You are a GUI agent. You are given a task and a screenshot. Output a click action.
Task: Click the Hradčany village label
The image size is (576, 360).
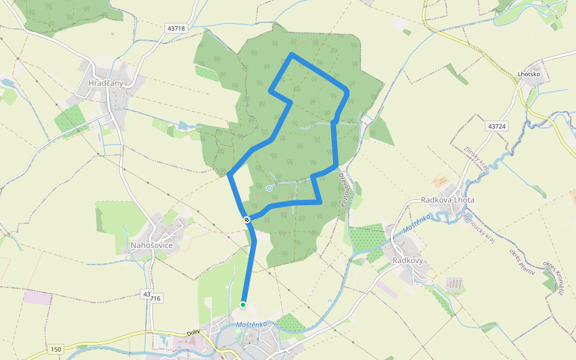(105, 83)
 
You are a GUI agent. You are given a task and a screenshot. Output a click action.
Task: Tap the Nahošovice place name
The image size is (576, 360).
(152, 245)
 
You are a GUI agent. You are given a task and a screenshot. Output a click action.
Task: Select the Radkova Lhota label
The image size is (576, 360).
(448, 200)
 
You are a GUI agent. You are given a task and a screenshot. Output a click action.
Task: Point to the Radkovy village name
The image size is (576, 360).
(407, 260)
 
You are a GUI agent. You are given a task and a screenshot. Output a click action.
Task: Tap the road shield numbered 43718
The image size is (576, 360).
(176, 28)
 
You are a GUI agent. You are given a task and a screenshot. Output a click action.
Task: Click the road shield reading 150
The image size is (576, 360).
(56, 349)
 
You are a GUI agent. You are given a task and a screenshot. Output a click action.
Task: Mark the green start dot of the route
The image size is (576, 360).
(243, 305)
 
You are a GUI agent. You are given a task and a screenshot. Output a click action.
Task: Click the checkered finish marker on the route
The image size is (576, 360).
(247, 220)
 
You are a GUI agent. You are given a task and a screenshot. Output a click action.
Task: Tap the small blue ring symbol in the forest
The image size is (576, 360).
(269, 188)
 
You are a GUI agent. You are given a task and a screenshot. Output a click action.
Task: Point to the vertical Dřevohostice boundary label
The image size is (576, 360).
(343, 190)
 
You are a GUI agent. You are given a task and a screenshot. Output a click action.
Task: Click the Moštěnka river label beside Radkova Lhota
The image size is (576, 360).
(418, 222)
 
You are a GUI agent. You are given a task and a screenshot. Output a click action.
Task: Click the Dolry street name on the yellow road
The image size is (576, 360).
(193, 332)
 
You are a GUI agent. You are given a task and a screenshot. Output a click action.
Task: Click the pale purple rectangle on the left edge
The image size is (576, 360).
(38, 296)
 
